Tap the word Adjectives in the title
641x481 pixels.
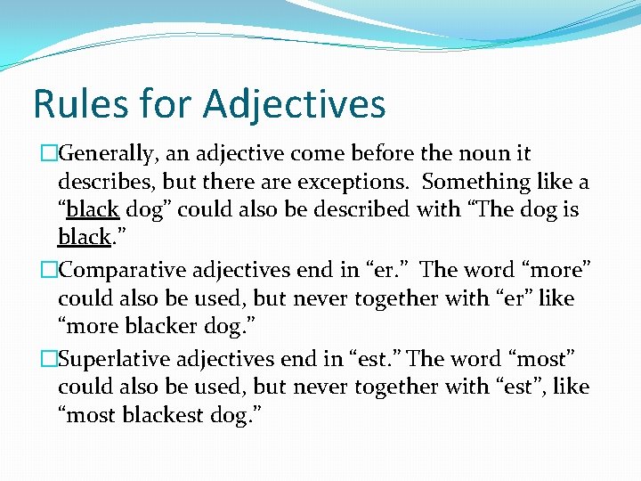[294, 103]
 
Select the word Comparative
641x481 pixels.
[124, 269]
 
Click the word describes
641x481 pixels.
[98, 182]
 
